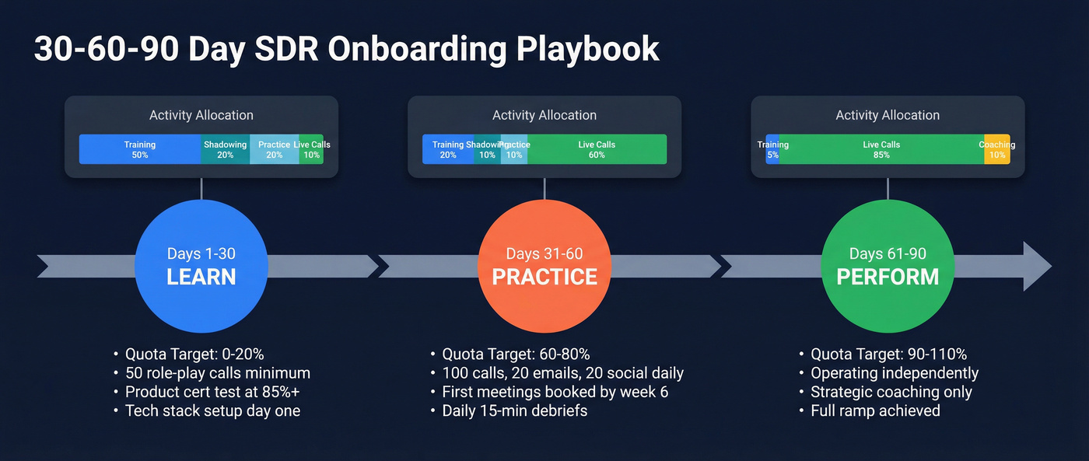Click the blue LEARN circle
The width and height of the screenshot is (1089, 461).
click(201, 266)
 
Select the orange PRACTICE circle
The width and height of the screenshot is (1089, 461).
click(544, 266)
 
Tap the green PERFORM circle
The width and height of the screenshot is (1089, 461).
click(888, 266)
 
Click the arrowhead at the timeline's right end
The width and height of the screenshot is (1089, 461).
click(1037, 267)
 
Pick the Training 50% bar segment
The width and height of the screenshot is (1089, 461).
click(140, 149)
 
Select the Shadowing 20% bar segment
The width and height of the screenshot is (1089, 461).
click(225, 149)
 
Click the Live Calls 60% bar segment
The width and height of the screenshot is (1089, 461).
click(597, 149)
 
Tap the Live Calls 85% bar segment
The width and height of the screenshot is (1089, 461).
click(881, 149)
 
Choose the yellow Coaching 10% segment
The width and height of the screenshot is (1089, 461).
click(997, 149)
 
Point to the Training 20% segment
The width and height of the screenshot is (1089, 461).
click(448, 149)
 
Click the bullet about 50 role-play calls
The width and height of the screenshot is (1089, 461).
click(217, 373)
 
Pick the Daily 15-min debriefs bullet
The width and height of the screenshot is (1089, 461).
click(514, 410)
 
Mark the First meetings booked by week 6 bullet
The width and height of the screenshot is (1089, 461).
click(555, 392)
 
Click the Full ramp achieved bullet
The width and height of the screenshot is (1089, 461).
click(875, 410)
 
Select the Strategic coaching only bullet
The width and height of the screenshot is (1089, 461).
click(891, 392)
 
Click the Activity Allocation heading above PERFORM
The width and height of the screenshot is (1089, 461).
click(888, 115)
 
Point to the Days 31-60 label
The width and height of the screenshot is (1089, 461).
click(544, 253)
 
